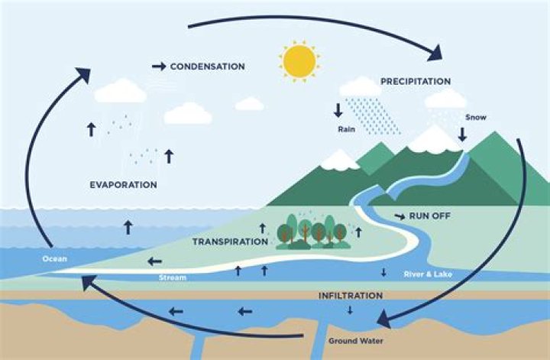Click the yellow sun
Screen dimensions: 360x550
299,61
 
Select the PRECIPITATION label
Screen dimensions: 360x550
416,81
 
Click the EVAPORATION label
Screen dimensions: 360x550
123,184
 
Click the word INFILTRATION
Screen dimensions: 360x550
351,294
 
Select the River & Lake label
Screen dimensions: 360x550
419,273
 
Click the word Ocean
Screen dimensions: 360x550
55,258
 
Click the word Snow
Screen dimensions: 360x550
475,118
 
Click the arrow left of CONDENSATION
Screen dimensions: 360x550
159,66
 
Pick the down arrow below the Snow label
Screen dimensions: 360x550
462,134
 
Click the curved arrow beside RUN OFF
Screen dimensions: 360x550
399,216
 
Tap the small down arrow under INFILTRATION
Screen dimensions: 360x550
350,310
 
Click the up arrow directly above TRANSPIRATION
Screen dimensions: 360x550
263,228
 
